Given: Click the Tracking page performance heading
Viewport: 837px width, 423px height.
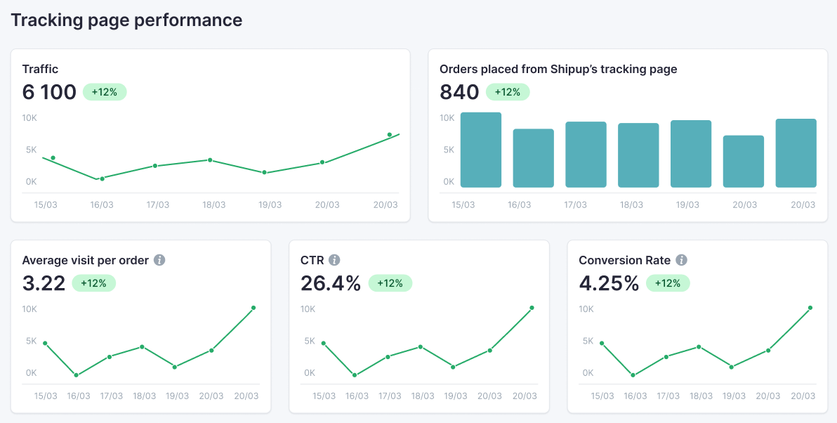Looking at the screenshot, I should tap(126, 20).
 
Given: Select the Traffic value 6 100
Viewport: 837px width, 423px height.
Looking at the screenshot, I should tap(49, 92).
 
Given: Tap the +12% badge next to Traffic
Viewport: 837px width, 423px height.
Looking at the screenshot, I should tap(105, 92).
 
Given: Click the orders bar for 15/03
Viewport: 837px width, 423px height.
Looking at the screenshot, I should tap(481, 150).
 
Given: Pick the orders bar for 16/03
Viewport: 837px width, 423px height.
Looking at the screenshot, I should tap(534, 158).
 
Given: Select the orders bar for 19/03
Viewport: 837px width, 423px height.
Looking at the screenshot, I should tap(691, 154).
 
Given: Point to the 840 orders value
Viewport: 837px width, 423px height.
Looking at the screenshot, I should tap(459, 92).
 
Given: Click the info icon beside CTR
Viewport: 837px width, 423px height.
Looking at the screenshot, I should tap(334, 260).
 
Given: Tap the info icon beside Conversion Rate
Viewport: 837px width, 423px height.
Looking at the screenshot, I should tap(681, 260).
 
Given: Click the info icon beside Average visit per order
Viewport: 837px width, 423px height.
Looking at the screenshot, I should tap(159, 260).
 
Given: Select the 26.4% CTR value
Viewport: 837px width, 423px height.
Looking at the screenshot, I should tap(331, 283).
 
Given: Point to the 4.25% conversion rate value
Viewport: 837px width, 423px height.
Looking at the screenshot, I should tap(609, 283).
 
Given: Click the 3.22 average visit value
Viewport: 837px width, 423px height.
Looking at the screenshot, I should tap(44, 283).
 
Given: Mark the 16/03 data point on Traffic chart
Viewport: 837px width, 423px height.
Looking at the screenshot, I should tap(102, 178).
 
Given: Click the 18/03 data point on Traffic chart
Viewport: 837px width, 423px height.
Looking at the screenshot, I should tap(209, 160).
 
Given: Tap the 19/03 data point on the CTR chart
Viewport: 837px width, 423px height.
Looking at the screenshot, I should tap(454, 367).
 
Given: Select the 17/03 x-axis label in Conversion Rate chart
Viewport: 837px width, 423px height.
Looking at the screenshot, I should tap(668, 396).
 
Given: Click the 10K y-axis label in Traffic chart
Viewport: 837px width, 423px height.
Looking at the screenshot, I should tap(30, 118).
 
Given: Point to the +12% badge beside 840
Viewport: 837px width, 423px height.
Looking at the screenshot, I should tap(508, 92).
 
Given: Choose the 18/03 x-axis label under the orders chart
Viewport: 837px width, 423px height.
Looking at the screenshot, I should tap(631, 204).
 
